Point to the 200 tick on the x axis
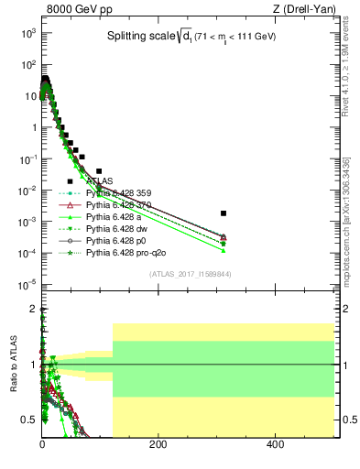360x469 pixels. tap(158, 445)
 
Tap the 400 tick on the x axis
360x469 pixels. tap(275, 445)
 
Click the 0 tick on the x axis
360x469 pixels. tap(42, 445)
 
